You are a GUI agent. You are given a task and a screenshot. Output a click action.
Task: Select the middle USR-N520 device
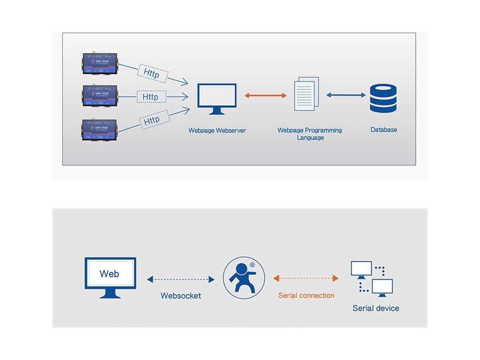coord(100,96)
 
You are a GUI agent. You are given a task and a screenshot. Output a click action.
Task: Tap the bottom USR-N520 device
coord(100,130)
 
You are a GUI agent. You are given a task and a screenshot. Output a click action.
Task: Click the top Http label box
coord(152,73)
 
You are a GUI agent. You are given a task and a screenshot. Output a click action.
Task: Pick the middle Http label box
coord(150,97)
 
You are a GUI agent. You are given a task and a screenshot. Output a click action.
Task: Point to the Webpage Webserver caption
coord(217,130)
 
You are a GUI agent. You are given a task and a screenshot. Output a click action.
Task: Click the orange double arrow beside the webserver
coord(265,96)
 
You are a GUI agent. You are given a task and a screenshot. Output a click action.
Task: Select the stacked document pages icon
coord(307,94)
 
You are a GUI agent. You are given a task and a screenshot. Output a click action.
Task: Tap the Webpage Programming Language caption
coord(310,134)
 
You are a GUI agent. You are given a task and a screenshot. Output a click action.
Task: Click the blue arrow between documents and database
coord(346,95)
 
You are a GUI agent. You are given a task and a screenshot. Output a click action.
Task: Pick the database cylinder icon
coord(383,98)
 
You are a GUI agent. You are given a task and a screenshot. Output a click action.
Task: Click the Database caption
coord(384,130)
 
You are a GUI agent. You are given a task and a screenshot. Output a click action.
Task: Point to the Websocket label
coord(181,295)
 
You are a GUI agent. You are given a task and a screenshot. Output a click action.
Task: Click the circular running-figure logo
coord(244,278)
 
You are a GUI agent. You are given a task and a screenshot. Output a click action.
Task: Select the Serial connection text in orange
coord(306,295)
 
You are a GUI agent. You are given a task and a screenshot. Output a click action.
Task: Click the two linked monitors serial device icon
coord(372,279)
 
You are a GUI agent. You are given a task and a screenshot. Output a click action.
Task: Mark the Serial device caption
coord(376,308)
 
